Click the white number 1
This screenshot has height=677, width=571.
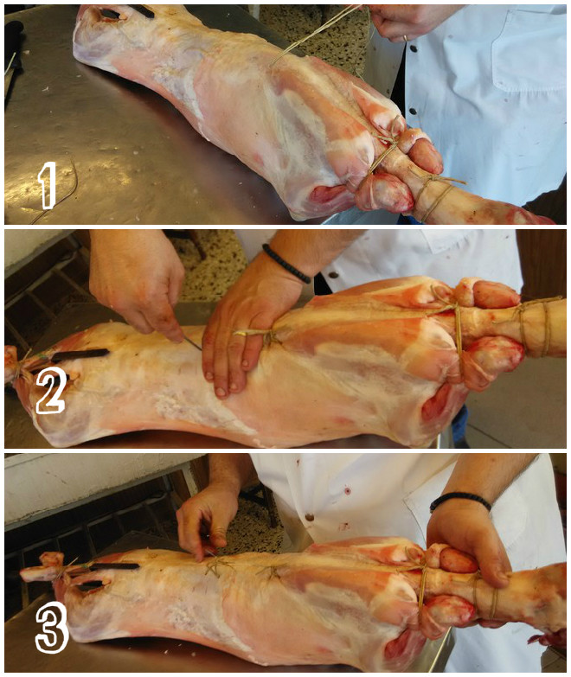coord(48,186)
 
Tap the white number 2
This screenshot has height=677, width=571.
coord(51,392)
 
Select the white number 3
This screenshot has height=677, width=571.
coord(52,627)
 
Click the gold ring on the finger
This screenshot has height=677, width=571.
coord(406,38)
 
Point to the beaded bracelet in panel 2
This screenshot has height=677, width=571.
coord(285,265)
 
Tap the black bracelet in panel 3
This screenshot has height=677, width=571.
coord(460,501)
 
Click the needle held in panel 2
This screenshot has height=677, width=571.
coord(193,344)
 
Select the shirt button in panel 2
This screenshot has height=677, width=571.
coord(333,275)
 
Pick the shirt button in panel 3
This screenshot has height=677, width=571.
coord(309,517)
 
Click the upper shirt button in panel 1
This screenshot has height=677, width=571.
coord(414,48)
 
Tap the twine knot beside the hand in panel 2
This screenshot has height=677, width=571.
coord(270,336)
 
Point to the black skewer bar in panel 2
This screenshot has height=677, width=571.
coord(80,354)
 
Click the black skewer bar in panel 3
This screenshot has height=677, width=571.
coord(113,566)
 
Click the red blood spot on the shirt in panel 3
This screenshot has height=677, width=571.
coord(347,490)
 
